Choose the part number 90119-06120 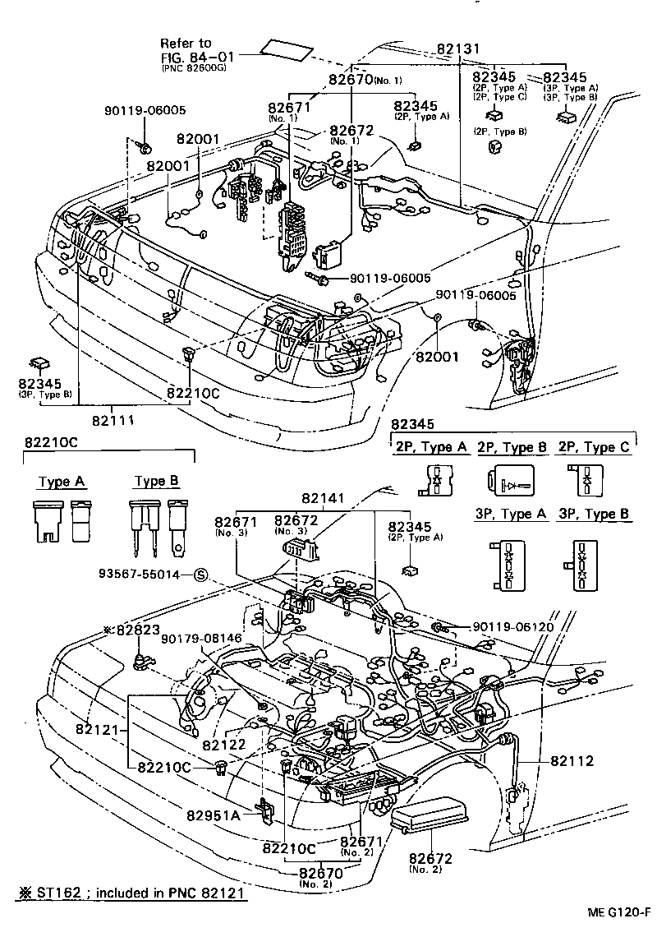tap(513, 626)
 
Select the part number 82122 tap(224, 745)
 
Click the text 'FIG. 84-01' tap(196, 57)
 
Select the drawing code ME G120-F tap(618, 912)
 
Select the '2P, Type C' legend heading tap(595, 447)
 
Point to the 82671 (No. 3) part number tap(237, 523)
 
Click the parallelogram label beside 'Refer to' tap(287, 49)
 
